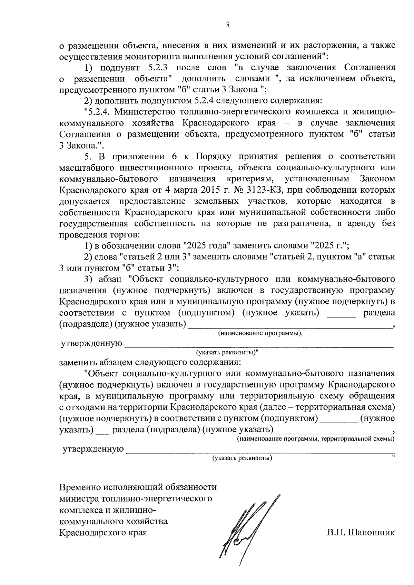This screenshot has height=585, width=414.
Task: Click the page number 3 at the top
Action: coord(227,24)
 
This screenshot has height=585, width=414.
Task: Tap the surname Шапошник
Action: coord(372,533)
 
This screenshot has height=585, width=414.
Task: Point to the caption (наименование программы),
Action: coord(260,334)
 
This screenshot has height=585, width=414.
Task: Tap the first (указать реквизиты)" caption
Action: coord(228,353)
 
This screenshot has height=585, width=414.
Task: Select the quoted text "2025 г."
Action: coord(330,246)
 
